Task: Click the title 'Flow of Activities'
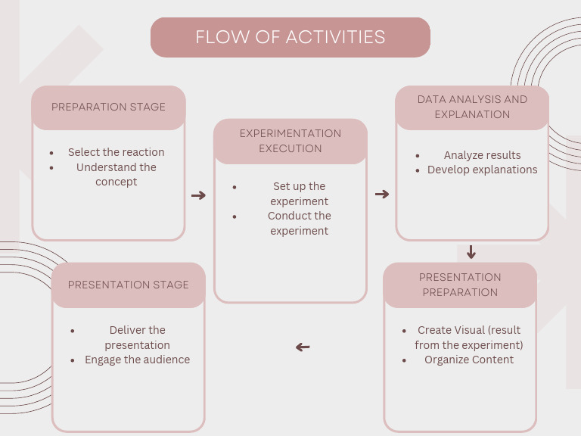pyautogui.click(x=290, y=37)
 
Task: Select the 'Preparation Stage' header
pyautogui.click(x=108, y=107)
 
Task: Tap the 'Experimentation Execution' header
pyautogui.click(x=290, y=141)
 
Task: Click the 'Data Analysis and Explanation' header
pyautogui.click(x=472, y=107)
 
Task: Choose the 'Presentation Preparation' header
pyautogui.click(x=460, y=285)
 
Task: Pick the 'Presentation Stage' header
pyautogui.click(x=129, y=285)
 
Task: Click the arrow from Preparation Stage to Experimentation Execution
pyautogui.click(x=198, y=195)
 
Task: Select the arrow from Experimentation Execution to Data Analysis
pyautogui.click(x=382, y=195)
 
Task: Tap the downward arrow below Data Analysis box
pyautogui.click(x=471, y=252)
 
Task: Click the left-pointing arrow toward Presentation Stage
pyautogui.click(x=303, y=347)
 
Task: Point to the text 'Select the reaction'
pyautogui.click(x=116, y=152)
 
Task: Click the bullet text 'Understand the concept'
pyautogui.click(x=117, y=174)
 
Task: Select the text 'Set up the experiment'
pyautogui.click(x=300, y=194)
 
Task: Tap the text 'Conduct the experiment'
pyautogui.click(x=300, y=223)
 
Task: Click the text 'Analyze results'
pyautogui.click(x=482, y=155)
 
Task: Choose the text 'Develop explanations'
pyautogui.click(x=482, y=170)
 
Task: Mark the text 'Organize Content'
pyautogui.click(x=469, y=360)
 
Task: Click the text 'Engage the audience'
pyautogui.click(x=137, y=360)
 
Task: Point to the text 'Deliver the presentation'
pyautogui.click(x=137, y=338)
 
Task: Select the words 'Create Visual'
pyautogui.click(x=452, y=330)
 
